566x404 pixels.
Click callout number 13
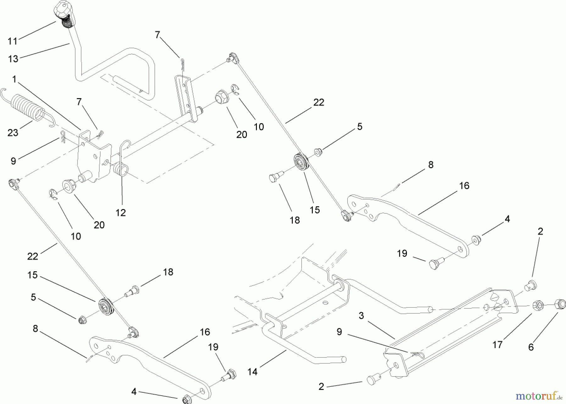13,59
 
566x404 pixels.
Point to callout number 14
252,372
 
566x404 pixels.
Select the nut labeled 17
538,305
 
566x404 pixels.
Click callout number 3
361,315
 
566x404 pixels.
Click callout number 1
14,79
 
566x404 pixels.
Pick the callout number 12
121,213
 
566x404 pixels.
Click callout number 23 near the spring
13,133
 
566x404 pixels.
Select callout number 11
13,41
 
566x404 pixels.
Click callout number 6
531,347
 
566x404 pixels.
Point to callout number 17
497,345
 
